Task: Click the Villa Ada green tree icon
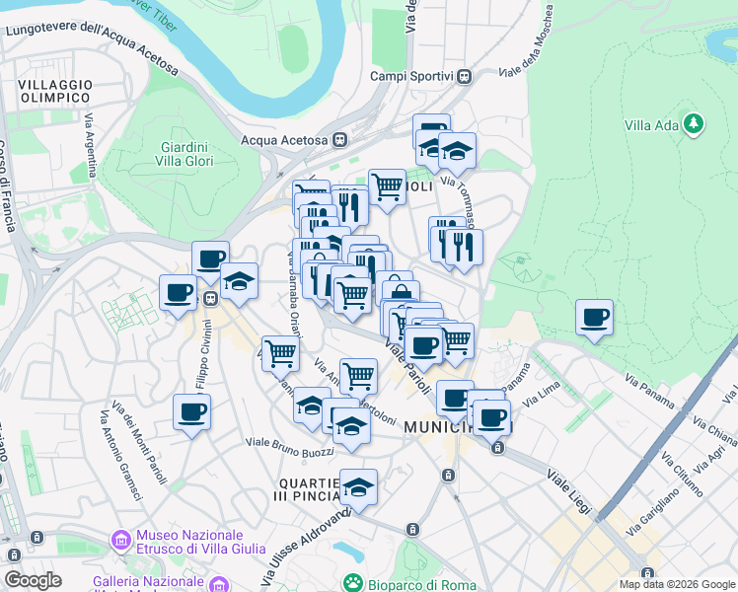tap(695, 123)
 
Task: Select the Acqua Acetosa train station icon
tap(340, 140)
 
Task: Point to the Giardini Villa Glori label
tap(184, 154)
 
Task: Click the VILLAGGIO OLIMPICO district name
tap(55, 92)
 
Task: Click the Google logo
tap(33, 580)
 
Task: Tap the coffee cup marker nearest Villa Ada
tap(594, 319)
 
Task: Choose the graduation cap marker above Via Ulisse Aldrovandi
tap(358, 487)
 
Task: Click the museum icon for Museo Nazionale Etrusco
tap(121, 540)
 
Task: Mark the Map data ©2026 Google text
tap(677, 584)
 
